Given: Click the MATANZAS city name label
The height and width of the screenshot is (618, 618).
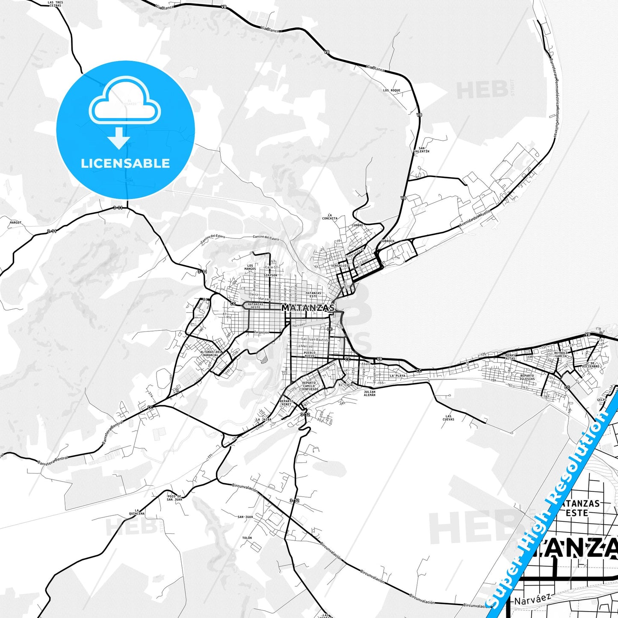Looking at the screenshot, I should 308,308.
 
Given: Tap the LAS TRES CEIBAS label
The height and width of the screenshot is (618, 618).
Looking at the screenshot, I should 55,4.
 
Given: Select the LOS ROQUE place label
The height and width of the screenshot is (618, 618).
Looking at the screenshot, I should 391,91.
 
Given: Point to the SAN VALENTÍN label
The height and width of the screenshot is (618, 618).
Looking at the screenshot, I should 421,150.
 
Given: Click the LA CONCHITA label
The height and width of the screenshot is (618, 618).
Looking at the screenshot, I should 330,216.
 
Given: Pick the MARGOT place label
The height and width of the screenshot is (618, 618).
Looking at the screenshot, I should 15,223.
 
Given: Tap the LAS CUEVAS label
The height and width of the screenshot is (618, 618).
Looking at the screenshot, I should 449,417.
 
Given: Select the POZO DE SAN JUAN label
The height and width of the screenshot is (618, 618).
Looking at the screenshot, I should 174,497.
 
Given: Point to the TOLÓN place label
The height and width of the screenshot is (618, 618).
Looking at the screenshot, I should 247,538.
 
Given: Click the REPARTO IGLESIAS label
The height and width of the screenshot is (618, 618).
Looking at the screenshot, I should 527,377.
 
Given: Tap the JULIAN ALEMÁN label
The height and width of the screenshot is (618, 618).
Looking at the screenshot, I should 369,393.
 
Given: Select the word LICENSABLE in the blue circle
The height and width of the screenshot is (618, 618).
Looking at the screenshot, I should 125,163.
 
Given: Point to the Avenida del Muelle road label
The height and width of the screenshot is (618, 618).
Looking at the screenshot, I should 476,220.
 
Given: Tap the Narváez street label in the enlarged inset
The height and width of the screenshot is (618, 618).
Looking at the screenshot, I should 532,600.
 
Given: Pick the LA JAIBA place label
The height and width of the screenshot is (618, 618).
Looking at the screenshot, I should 264,420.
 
